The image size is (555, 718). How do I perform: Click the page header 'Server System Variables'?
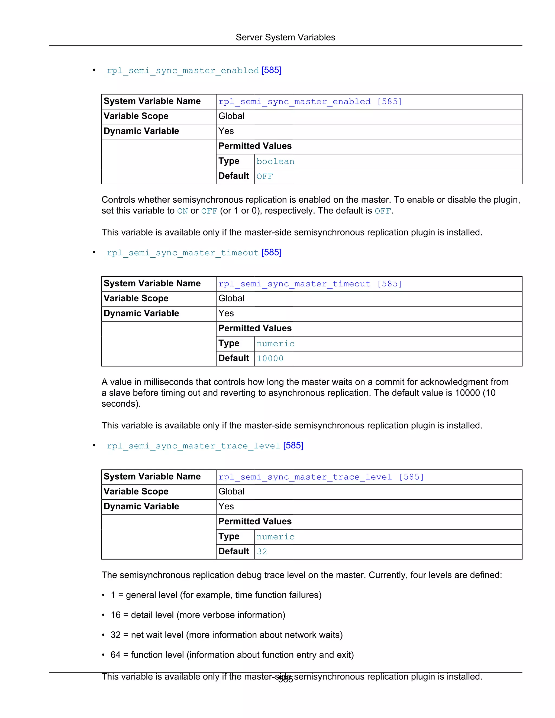pyautogui.click(x=285, y=37)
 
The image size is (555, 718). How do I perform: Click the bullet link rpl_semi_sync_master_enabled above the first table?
pyautogui.click(x=183, y=70)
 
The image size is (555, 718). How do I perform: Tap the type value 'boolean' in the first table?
pyautogui.click(x=275, y=161)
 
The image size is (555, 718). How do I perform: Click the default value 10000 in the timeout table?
pyautogui.click(x=270, y=359)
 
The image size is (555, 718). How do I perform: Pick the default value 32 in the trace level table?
pyautogui.click(x=262, y=552)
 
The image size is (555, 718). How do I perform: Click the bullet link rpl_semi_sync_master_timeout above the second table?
pyautogui.click(x=183, y=253)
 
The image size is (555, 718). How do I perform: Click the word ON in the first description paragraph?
pyautogui.click(x=182, y=211)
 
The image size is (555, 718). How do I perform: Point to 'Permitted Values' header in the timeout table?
pyautogui.click(x=255, y=328)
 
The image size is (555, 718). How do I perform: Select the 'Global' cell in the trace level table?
pyautogui.click(x=231, y=491)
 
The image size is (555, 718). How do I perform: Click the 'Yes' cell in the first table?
pyautogui.click(x=226, y=131)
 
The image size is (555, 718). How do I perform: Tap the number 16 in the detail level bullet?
pyautogui.click(x=116, y=615)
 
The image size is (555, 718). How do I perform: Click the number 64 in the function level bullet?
pyautogui.click(x=115, y=655)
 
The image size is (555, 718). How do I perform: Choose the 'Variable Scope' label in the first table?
pyautogui.click(x=136, y=116)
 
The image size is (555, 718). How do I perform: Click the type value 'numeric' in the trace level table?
pyautogui.click(x=275, y=537)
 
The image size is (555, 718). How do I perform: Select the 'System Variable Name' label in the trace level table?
pyautogui.click(x=152, y=476)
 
